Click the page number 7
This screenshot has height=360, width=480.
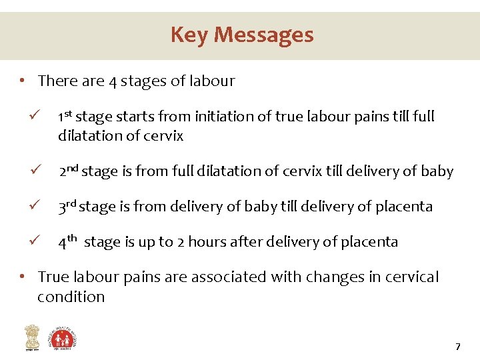tap(457, 347)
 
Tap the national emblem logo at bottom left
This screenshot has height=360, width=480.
tap(31, 337)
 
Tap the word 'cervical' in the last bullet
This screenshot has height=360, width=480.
tap(408, 277)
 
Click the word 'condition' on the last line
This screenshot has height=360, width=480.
tap(71, 297)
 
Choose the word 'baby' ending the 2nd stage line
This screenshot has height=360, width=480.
tap(437, 171)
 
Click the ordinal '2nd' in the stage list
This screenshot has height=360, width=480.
tap(69, 171)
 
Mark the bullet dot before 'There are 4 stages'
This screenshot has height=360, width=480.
tap(23, 81)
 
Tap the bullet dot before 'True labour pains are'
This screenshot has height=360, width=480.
tap(23, 277)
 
